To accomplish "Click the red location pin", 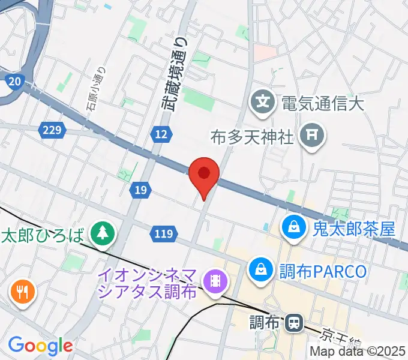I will [204, 175].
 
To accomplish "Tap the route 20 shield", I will [15, 81].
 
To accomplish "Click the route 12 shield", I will [160, 135].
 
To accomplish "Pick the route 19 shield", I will [139, 190].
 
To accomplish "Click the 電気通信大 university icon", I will [263, 101].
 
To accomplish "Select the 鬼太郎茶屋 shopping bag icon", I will [295, 228].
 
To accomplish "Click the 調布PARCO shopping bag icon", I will [261, 269].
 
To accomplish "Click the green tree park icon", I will [103, 233].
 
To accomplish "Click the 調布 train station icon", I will [294, 323].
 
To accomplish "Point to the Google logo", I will [40, 346].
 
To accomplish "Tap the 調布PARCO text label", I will [322, 271].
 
